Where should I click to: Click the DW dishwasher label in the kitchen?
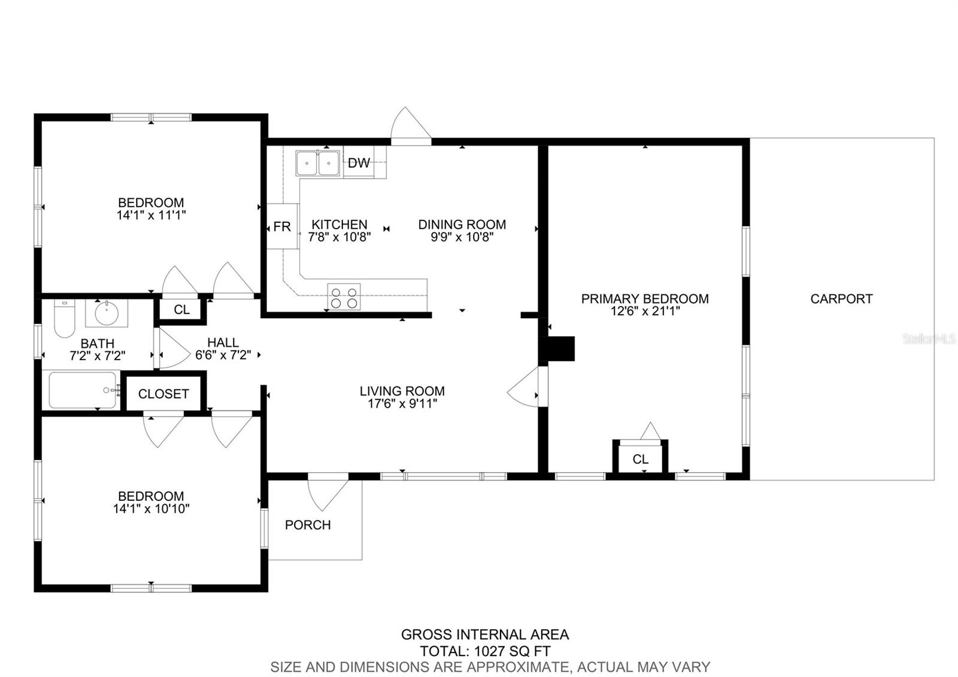point(359,163)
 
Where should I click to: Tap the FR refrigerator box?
point(281,226)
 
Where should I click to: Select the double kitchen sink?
point(317,163)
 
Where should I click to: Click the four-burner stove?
point(344,297)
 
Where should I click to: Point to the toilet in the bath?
point(63,319)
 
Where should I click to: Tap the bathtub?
point(83,390)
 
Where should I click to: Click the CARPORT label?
point(841,298)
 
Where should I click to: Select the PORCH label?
point(308,525)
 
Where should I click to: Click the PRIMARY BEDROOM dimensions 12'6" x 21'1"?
point(645,312)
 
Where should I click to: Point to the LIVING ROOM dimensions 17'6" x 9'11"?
point(402,404)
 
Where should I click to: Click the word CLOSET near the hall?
point(163,394)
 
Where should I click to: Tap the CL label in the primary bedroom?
point(640,460)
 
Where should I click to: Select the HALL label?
point(223,343)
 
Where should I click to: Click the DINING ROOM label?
point(462,225)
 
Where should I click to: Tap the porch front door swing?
point(328,491)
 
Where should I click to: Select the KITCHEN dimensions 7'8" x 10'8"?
point(339,237)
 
